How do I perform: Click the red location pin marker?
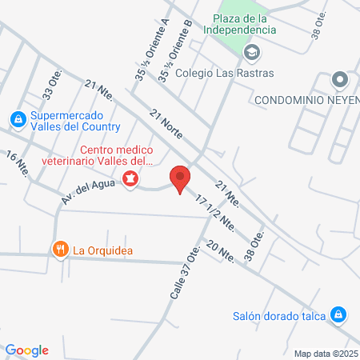[x=180, y=178]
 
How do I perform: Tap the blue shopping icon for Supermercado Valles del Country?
[x=17, y=119]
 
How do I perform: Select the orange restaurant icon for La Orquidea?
[x=60, y=250]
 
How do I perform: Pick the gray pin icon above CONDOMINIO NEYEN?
[x=340, y=80]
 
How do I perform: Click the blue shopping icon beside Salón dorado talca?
[x=338, y=314]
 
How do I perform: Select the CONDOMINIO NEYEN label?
[x=306, y=100]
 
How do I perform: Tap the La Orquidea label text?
[x=103, y=250]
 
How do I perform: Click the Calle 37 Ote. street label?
[x=184, y=273]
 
